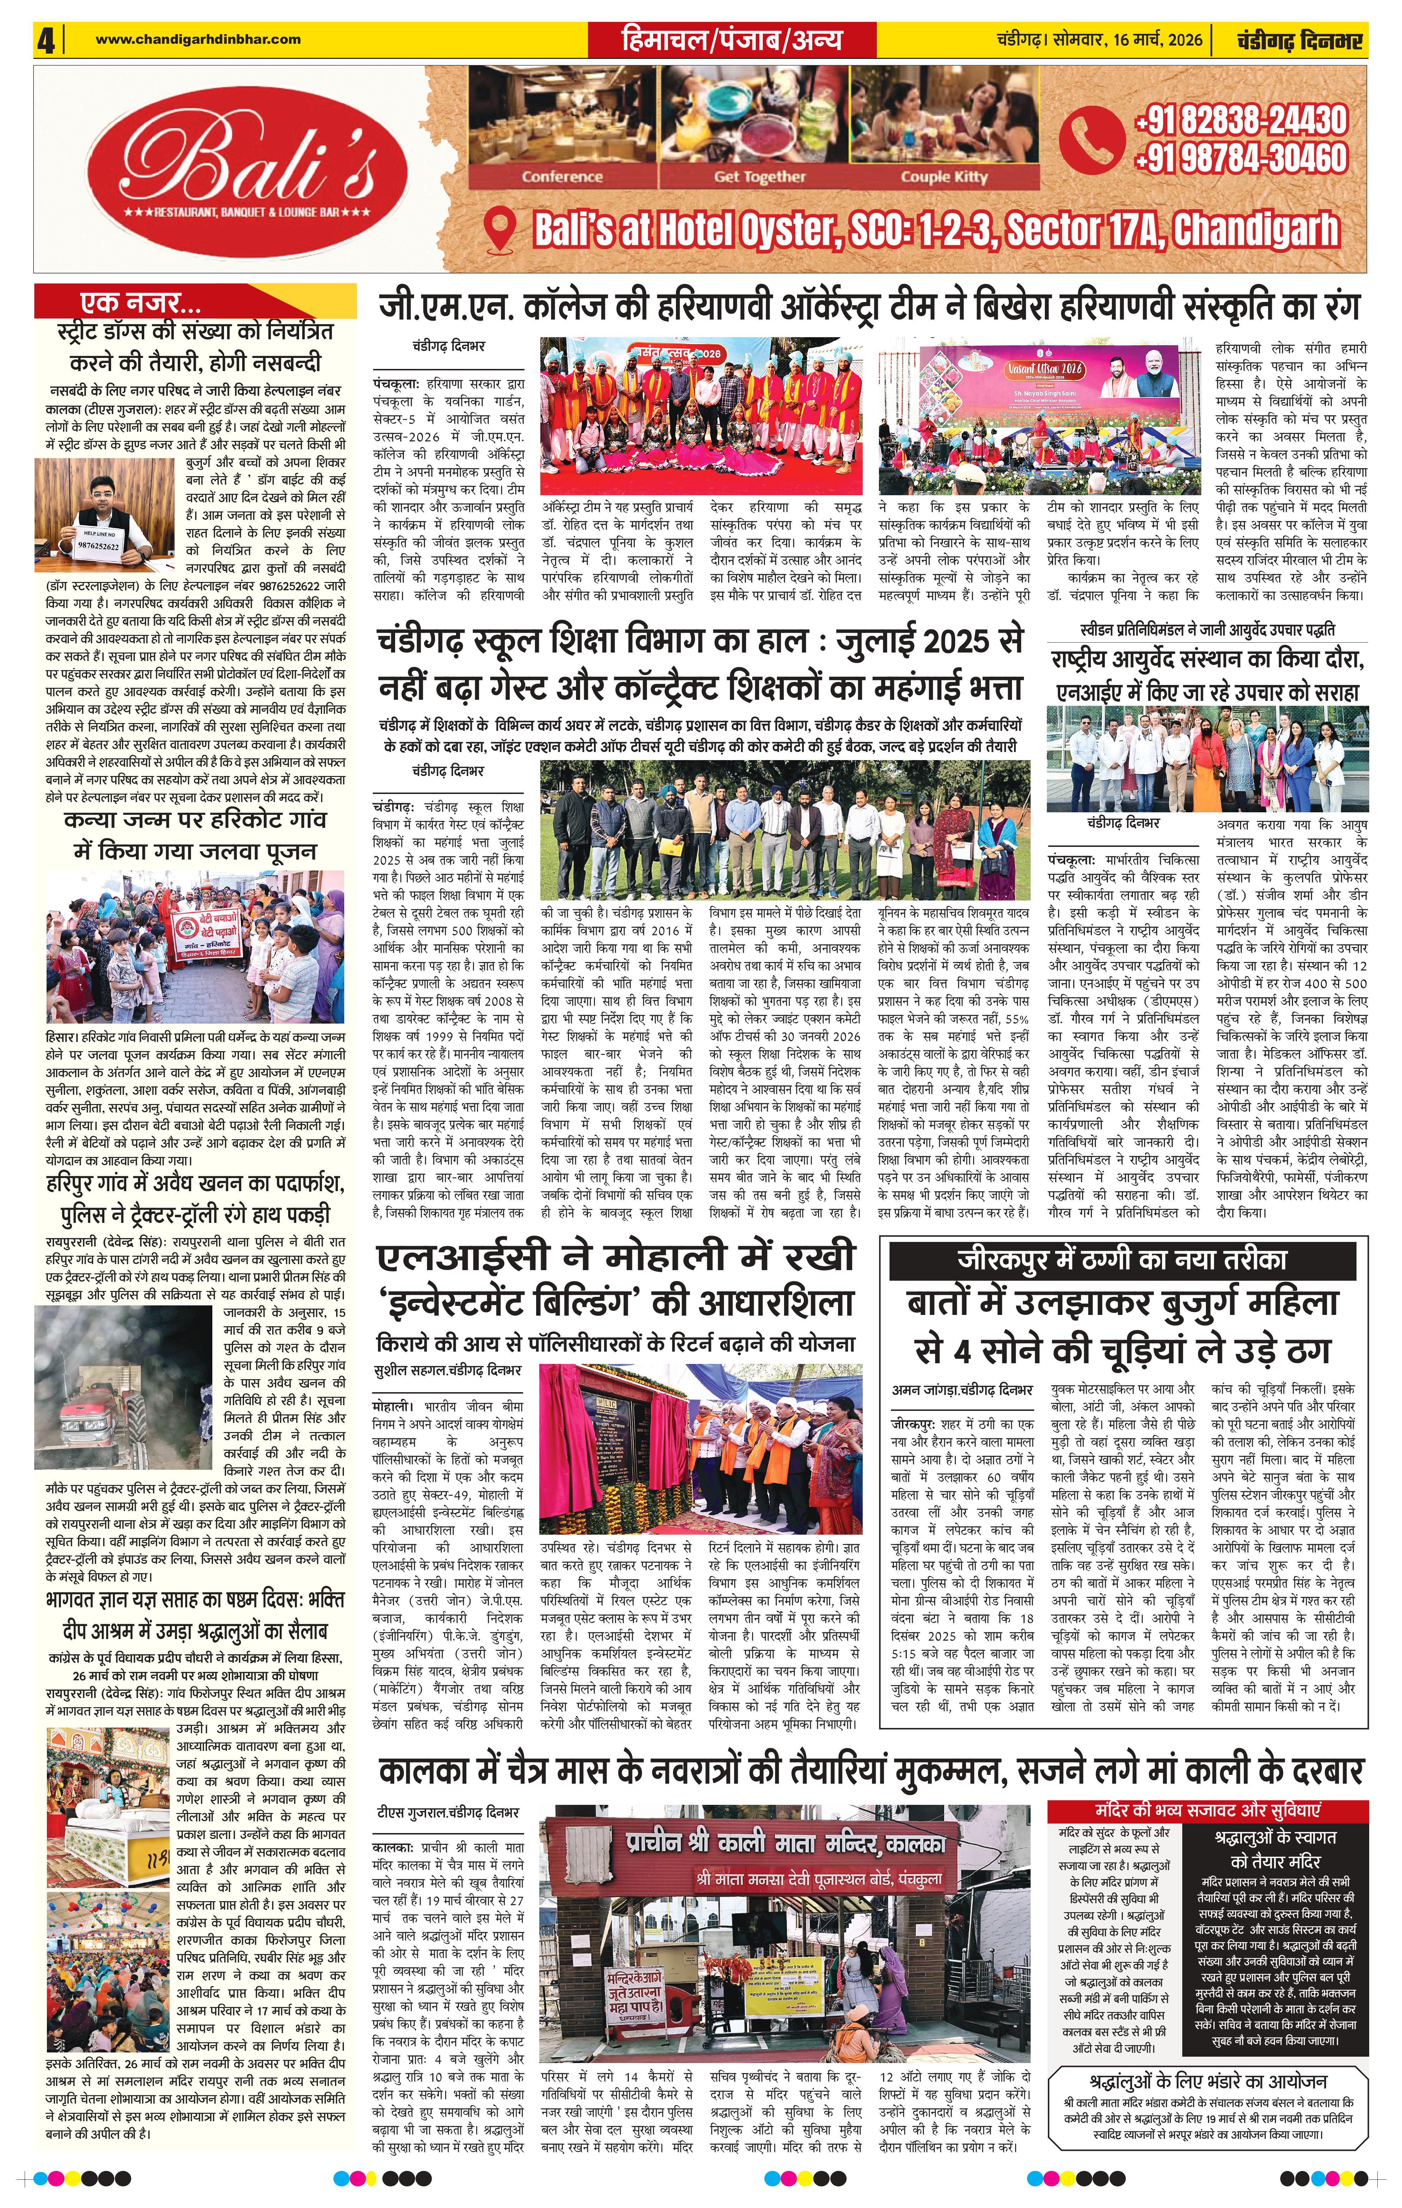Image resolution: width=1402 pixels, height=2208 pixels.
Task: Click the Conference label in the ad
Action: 562,177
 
